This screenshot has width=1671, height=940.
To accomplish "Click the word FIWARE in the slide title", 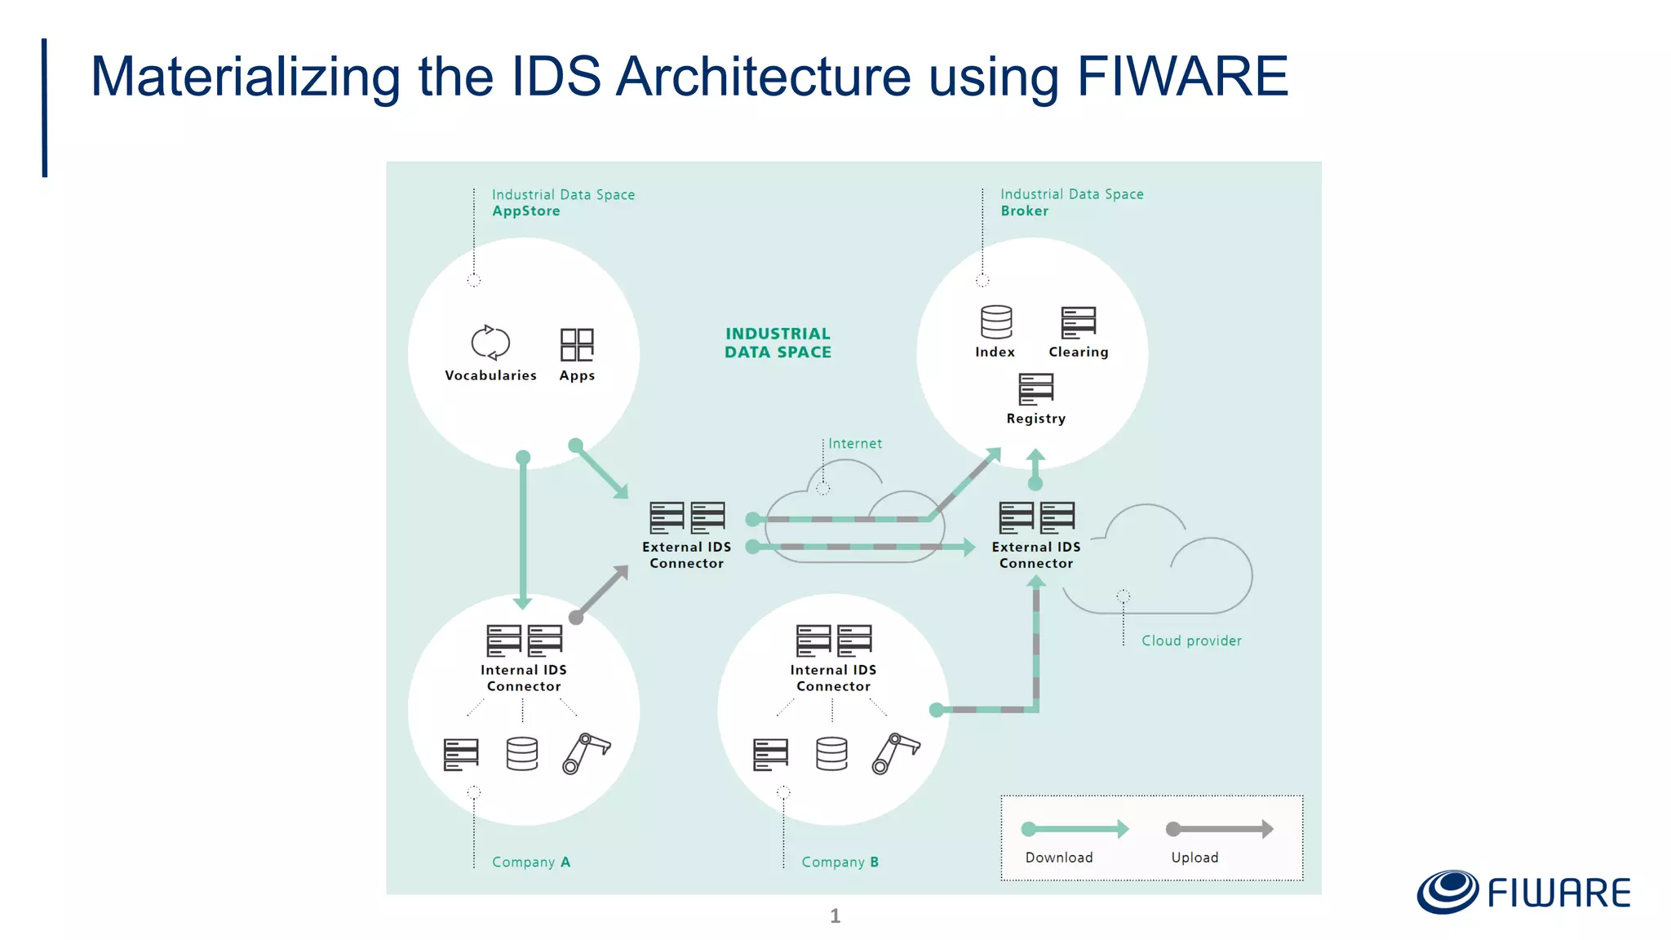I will [1182, 77].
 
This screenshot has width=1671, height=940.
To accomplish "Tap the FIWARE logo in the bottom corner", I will [1523, 892].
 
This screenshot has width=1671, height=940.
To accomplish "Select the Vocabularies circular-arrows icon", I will [490, 343].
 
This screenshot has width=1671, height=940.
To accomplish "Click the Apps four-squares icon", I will [577, 344].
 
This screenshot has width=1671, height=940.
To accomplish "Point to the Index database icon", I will [996, 322].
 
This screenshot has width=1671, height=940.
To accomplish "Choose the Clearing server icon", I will [1078, 322].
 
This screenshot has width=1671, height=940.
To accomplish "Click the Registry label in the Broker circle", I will [1035, 419].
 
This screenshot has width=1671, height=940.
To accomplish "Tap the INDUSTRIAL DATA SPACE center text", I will [778, 343].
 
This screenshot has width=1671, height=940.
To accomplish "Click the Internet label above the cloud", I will [855, 444].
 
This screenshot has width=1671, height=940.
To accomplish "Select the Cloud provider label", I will [1191, 641].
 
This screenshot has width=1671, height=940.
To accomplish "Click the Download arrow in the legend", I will [1075, 829].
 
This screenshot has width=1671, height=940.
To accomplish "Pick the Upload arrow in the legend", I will [1219, 829].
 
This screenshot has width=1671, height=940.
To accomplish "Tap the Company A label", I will [530, 862].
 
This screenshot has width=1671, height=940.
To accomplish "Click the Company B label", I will [840, 862].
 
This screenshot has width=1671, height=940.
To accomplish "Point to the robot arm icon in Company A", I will [586, 752].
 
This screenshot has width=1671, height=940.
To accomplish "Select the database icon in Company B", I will [831, 754].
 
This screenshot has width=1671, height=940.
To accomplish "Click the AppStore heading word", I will [525, 211].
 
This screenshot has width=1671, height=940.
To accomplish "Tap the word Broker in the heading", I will [1024, 211].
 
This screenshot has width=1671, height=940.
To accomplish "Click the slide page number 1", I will [835, 916].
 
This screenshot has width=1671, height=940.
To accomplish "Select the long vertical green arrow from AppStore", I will [523, 530].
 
